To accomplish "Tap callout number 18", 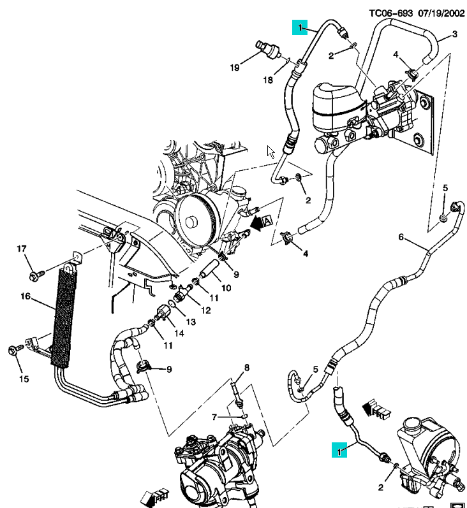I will tap(268, 80).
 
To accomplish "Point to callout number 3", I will tap(455, 34).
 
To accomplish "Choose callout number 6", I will tap(401, 238).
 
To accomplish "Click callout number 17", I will tap(21, 249).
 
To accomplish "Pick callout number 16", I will tap(26, 296).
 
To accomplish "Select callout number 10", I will tap(225, 287).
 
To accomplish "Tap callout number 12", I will tap(205, 310).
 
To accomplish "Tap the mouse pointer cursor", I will tap(271, 152).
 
